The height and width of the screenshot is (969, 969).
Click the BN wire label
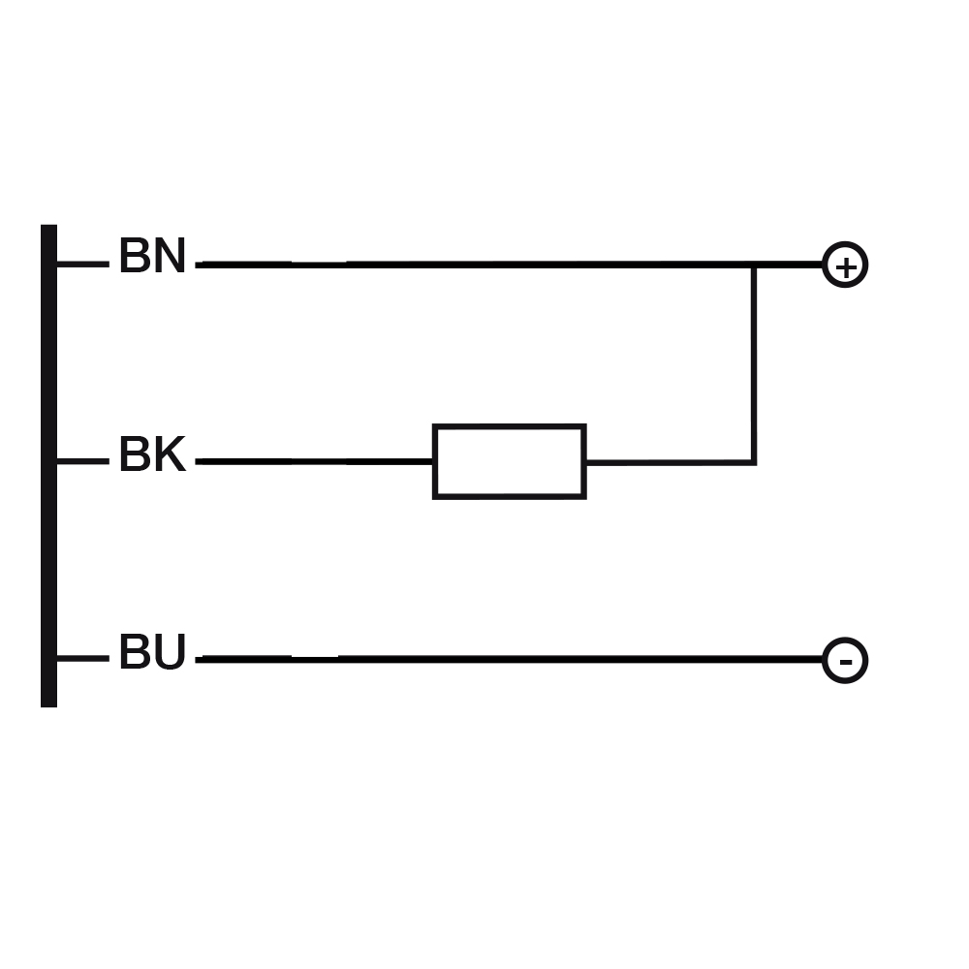click(x=152, y=255)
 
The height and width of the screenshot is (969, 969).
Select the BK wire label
click(x=152, y=453)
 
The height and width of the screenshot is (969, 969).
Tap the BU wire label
click(x=152, y=651)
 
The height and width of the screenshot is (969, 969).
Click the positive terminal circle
click(x=845, y=243)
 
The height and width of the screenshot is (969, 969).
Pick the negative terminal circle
click(x=845, y=639)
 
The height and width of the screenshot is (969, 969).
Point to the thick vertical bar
click(x=48, y=465)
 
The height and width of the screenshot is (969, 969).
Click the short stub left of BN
click(x=83, y=265)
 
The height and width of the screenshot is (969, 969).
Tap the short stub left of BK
click(x=83, y=461)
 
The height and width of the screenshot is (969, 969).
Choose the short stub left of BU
click(x=83, y=659)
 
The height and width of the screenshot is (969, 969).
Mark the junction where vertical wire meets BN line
click(x=754, y=266)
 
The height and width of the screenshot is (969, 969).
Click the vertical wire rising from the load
click(x=754, y=364)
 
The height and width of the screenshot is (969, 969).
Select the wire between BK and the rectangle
click(x=314, y=461)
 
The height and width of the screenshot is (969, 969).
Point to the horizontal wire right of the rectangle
click(x=670, y=462)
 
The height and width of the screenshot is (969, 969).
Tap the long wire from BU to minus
click(x=509, y=659)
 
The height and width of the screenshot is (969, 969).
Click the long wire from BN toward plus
click(x=509, y=266)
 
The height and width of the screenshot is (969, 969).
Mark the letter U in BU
click(x=170, y=651)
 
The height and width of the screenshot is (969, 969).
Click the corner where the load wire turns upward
click(x=754, y=462)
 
